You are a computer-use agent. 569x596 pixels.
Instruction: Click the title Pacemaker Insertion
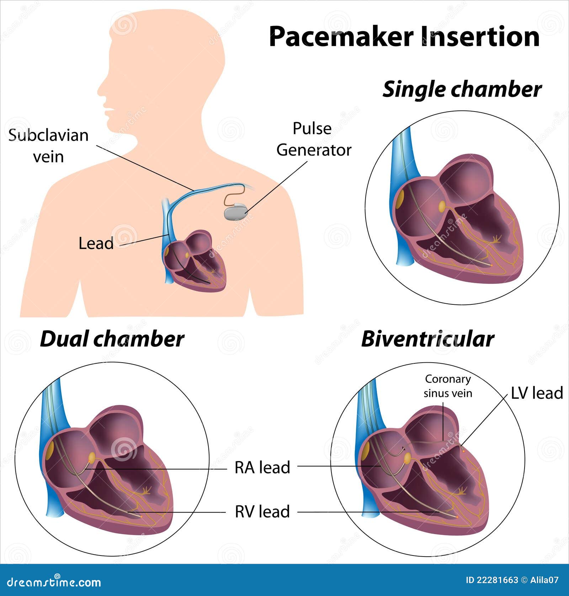[404, 36]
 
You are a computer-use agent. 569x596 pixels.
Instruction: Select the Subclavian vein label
[48, 146]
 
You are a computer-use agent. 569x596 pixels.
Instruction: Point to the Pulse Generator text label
[314, 139]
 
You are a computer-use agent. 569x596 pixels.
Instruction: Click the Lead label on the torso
[96, 243]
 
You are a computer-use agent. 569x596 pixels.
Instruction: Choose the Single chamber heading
[462, 90]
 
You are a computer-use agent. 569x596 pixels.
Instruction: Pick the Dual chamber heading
[112, 339]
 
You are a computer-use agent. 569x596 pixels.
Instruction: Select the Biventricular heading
[427, 339]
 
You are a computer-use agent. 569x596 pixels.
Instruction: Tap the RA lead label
[262, 467]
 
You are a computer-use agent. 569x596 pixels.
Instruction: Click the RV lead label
[262, 511]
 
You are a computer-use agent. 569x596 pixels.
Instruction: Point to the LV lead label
[537, 393]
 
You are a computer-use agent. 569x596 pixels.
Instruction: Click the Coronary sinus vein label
[448, 386]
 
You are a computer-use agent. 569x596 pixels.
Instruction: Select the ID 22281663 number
[492, 580]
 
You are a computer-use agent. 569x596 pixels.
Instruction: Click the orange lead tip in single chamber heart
[491, 265]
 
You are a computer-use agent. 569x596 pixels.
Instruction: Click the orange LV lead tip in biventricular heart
[463, 450]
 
